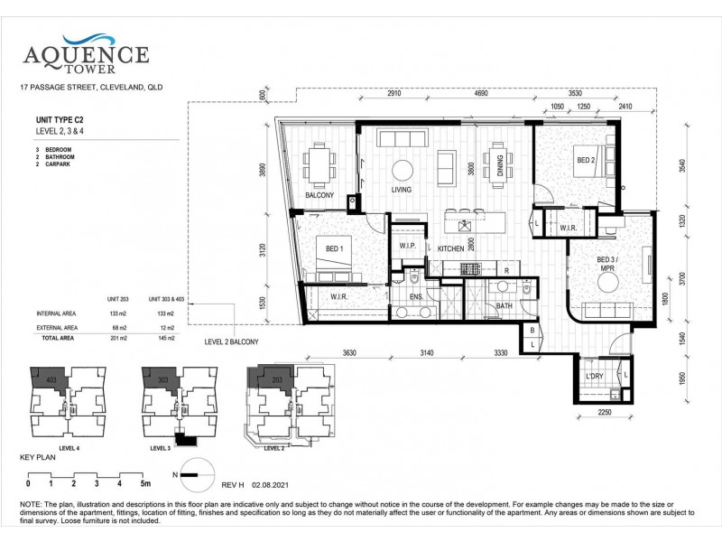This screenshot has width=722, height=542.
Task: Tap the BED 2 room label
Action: [586, 160]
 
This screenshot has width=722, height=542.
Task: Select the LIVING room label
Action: [401, 191]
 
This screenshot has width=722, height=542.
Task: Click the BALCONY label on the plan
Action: [319, 195]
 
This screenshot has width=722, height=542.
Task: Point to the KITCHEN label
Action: [450, 248]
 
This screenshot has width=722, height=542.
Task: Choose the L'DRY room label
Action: [595, 375]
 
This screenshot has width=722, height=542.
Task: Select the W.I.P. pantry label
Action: [407, 246]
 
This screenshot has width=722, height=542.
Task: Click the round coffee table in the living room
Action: [402, 169]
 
